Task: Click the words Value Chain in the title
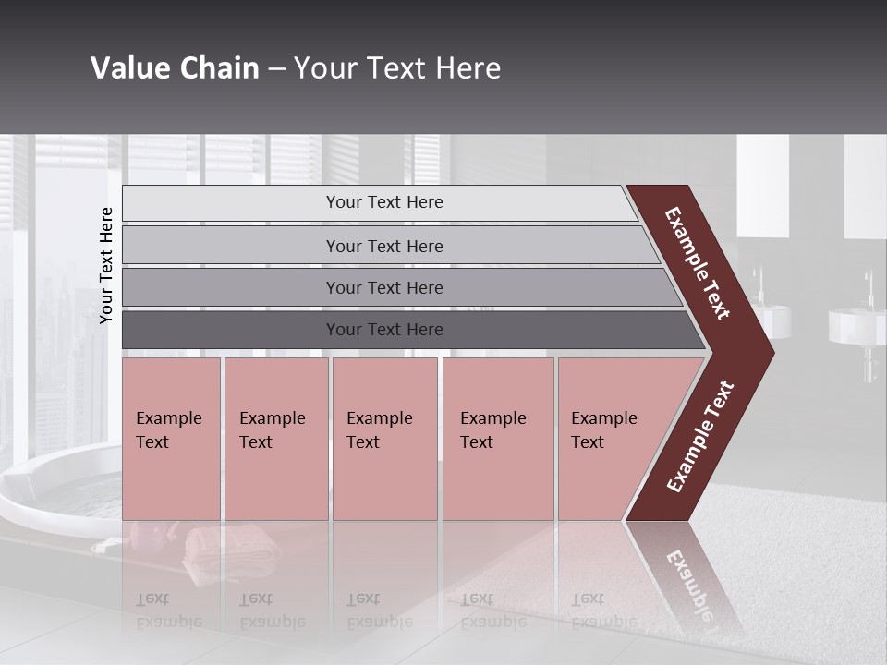click(x=175, y=68)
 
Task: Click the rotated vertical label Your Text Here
click(x=107, y=266)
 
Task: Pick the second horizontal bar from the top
click(x=383, y=246)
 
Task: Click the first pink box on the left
click(x=171, y=439)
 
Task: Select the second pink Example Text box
click(x=275, y=439)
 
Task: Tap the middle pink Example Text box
click(x=384, y=439)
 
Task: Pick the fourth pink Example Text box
click(x=498, y=439)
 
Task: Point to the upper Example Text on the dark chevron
click(x=698, y=264)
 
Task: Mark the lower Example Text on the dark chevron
click(x=700, y=436)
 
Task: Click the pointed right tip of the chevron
click(x=769, y=353)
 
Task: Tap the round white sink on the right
click(x=856, y=325)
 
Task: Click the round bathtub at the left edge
click(x=55, y=490)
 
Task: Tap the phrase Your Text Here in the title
click(x=397, y=68)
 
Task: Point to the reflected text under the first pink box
click(x=169, y=611)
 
